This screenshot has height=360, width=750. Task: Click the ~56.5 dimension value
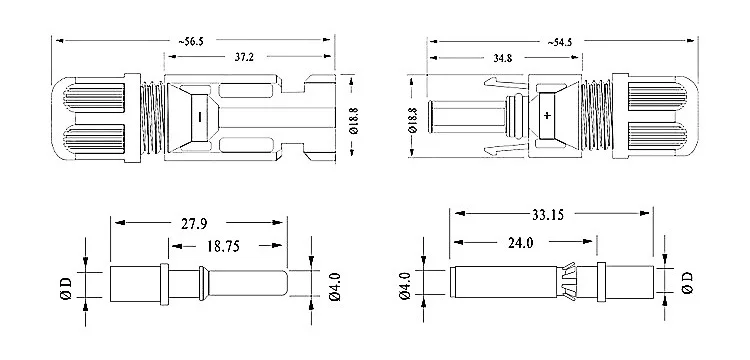[x=191, y=42]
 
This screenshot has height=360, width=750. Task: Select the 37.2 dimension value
[x=244, y=57]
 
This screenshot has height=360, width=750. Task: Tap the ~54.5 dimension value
[x=560, y=42]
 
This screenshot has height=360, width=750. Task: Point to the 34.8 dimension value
[x=502, y=58]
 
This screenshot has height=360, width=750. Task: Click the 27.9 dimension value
[x=194, y=223]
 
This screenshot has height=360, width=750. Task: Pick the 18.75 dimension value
[x=223, y=246]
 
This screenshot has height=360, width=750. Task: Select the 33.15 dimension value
[x=548, y=215]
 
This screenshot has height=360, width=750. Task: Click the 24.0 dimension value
[x=520, y=243]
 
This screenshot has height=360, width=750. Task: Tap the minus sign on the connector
[x=199, y=116]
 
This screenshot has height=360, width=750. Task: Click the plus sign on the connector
[x=547, y=115]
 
